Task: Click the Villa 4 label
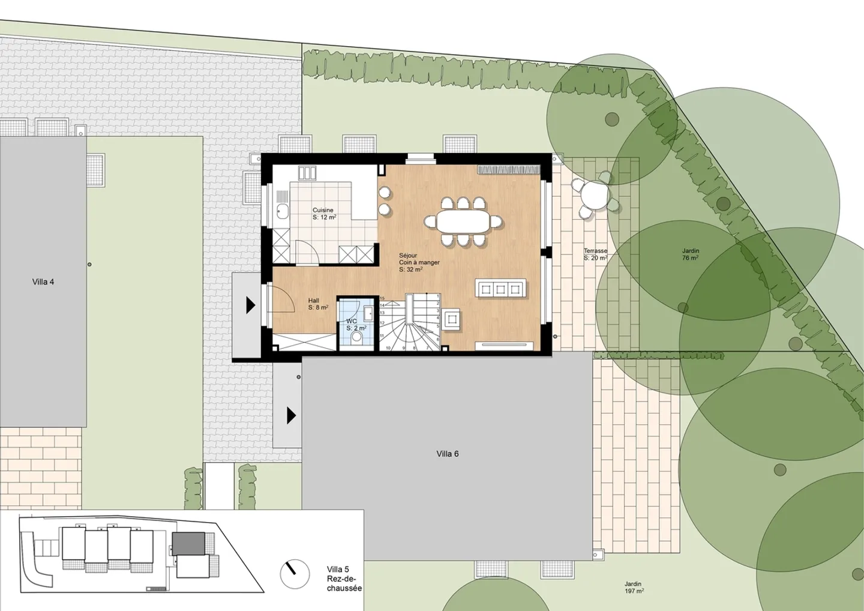click(43, 281)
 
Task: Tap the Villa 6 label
click(448, 454)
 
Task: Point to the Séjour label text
click(408, 256)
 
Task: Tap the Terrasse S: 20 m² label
click(595, 254)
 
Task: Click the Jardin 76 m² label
click(691, 254)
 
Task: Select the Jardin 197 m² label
click(634, 587)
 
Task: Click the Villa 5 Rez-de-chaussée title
click(344, 579)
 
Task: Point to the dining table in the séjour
click(463, 221)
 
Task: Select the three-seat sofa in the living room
click(501, 289)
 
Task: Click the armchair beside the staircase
click(452, 318)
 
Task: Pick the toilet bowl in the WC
click(357, 337)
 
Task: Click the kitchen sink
click(283, 211)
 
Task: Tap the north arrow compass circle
click(295, 575)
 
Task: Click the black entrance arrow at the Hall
click(250, 305)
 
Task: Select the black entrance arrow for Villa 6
click(291, 415)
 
